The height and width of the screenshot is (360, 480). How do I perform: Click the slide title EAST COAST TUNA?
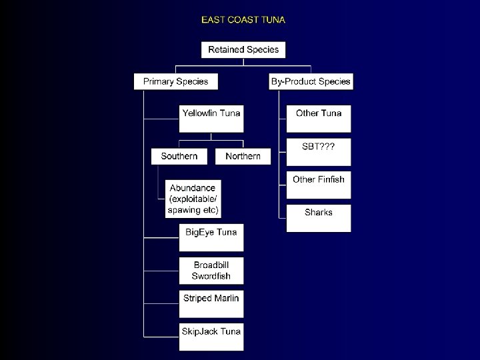point(243,20)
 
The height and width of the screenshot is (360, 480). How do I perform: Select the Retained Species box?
point(243,50)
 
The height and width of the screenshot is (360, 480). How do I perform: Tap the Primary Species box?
point(176,81)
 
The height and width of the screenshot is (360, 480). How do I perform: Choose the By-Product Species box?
point(311,81)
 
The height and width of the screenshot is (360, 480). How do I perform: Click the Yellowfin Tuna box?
point(211,119)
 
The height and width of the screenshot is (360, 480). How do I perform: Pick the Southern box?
point(179,156)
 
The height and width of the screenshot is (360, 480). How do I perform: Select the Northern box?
point(243,156)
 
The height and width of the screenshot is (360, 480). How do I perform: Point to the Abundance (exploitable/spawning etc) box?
point(193,199)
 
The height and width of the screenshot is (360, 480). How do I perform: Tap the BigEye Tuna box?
point(211,238)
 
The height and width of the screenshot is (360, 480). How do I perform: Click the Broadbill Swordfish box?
point(211,271)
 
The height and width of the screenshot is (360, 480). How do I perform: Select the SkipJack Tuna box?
point(211,337)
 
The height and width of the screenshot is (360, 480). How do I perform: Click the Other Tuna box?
point(319,119)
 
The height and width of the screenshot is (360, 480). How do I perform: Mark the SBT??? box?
point(319,152)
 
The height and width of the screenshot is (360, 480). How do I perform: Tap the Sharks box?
point(319,218)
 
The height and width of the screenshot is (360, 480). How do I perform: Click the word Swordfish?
point(211,276)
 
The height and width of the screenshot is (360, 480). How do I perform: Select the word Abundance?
point(193,188)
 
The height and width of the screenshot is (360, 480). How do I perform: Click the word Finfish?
point(331,179)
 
